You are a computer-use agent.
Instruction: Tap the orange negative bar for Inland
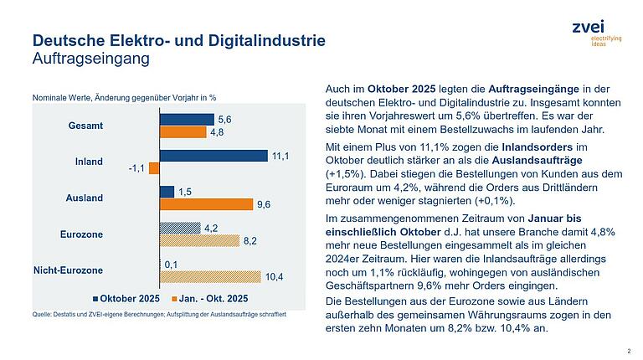click(x=154, y=168)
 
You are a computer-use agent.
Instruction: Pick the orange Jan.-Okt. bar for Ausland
click(x=205, y=204)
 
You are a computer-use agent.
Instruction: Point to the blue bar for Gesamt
click(x=187, y=120)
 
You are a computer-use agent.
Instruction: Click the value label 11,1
click(x=280, y=156)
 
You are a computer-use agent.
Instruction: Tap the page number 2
click(x=629, y=352)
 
